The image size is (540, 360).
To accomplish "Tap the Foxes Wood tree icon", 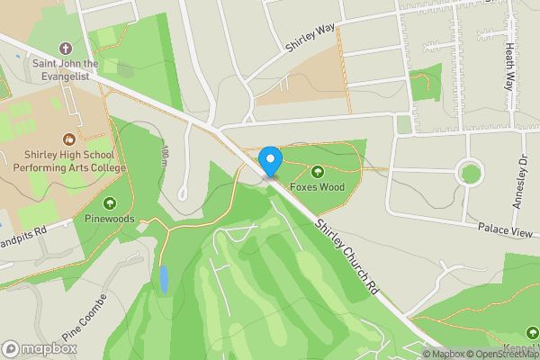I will (316, 172).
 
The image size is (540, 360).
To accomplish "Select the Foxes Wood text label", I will (317, 187).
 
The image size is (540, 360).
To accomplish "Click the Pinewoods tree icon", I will (110, 203).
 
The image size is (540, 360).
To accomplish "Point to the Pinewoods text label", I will (110, 219).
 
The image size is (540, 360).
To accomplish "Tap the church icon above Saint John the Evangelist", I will (65, 48).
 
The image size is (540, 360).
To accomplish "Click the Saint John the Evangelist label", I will (65, 69).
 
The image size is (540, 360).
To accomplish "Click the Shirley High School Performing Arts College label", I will (69, 161).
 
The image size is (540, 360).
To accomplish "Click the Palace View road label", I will (508, 231).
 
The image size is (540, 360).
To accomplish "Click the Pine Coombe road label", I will (85, 317).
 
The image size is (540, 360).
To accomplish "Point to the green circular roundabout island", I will (469, 171).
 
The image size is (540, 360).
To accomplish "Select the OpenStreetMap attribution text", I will (498, 354).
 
